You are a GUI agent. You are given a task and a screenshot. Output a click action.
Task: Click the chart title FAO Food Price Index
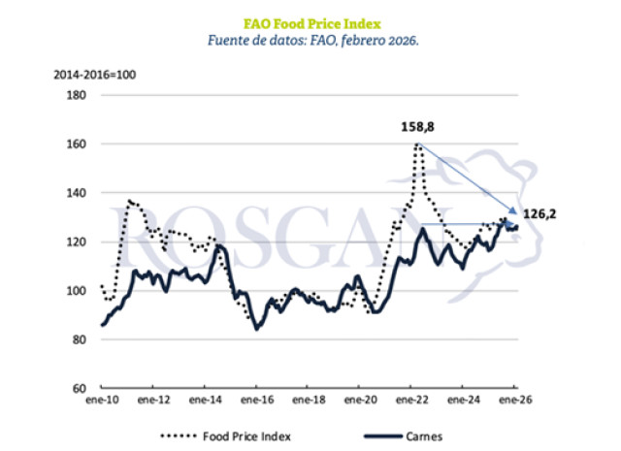tap(311, 22)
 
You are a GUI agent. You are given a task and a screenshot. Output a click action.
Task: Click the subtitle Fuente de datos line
tap(311, 42)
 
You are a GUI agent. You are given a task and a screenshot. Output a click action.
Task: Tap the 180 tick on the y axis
tap(78, 95)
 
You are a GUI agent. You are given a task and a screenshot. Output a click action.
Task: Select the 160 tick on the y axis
tap(78, 144)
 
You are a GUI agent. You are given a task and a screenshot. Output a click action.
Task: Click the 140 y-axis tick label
tap(78, 193)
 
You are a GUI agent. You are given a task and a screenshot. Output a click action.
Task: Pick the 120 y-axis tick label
tap(78, 242)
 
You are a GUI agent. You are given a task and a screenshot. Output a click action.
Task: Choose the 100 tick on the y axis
tap(78, 290)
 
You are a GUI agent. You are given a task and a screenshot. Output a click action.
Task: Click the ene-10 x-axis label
tap(102, 399)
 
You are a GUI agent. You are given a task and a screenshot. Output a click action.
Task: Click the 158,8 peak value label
tap(418, 127)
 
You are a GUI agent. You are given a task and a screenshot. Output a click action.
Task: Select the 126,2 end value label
tap(542, 211)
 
